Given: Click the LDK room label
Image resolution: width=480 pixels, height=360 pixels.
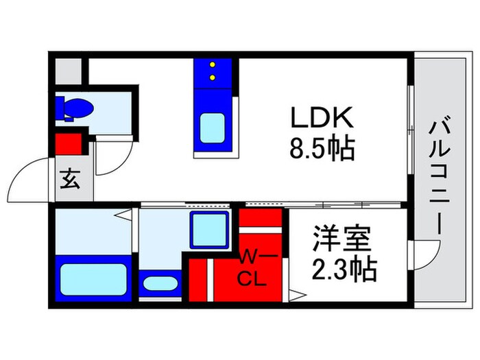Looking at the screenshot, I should pos(321,119).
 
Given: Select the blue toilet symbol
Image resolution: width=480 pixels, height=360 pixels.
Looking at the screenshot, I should pos(73,109).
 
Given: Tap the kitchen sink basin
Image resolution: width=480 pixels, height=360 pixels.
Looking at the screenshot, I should pos(213,128).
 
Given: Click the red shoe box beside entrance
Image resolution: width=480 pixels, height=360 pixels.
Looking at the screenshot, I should pos(68,144).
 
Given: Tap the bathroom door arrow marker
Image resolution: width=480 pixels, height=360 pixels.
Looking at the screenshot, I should pos(126,218).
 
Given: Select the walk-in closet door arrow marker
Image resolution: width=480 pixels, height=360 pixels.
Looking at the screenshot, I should pos(296,296).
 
